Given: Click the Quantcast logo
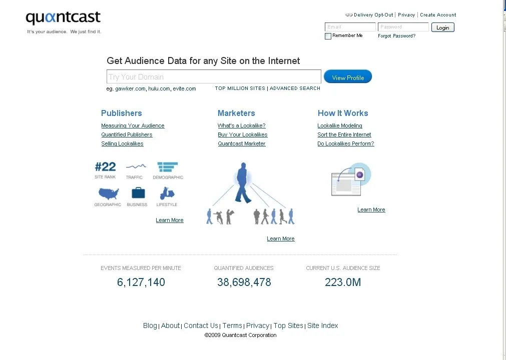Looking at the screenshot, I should (63, 18).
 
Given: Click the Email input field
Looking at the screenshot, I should (350, 27).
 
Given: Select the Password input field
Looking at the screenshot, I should (403, 27).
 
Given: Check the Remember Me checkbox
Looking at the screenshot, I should (328, 36).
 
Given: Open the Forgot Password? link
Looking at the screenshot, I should (396, 36).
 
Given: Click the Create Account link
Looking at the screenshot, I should (438, 15).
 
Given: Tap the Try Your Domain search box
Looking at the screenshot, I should (214, 77).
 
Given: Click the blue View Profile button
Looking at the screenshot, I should (348, 77).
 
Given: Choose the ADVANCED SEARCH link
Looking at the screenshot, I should (295, 88).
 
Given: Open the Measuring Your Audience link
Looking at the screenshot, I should (133, 126).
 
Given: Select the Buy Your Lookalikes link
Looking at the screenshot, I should (242, 135).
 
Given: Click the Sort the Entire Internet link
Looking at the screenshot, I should (344, 135).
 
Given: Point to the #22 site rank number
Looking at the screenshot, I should (105, 167).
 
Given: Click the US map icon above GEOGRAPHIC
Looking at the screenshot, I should (109, 193).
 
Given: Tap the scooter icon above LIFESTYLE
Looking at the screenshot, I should (167, 193).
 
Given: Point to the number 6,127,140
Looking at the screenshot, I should (141, 282).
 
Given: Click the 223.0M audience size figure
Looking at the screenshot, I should (343, 282).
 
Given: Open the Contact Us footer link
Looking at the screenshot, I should (201, 326).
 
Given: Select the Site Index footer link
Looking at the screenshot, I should (323, 326).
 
